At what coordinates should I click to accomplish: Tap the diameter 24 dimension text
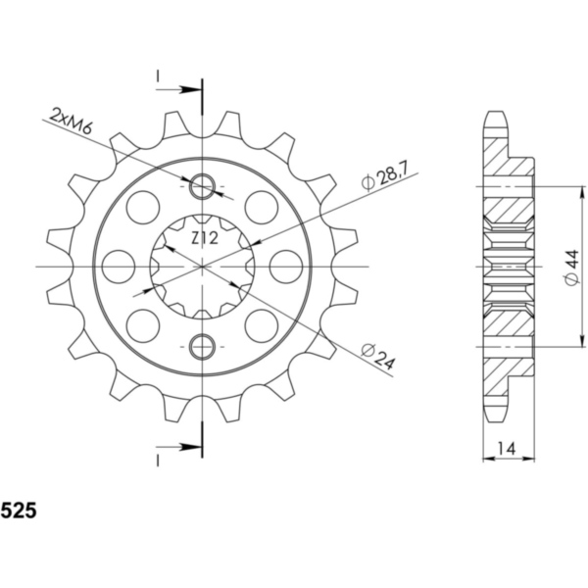(x=376, y=357)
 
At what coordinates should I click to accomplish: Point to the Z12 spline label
(x=204, y=237)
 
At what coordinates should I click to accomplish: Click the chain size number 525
(x=20, y=511)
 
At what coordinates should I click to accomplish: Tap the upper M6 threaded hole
(x=203, y=186)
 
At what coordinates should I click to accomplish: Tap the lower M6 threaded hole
(x=203, y=345)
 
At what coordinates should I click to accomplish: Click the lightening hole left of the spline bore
(x=118, y=266)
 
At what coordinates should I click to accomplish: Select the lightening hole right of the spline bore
(x=287, y=266)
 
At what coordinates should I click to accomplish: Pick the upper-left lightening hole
(x=143, y=207)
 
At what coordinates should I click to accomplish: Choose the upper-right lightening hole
(x=261, y=207)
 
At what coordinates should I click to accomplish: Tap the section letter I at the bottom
(x=158, y=459)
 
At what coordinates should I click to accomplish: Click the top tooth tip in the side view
(x=497, y=116)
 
